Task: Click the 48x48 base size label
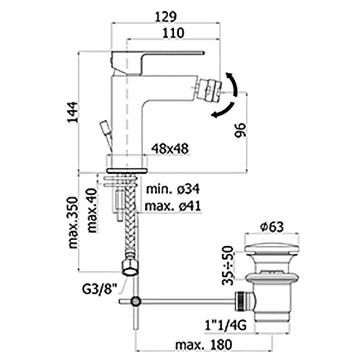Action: pyautogui.click(x=170, y=148)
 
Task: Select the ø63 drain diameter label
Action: pyautogui.click(x=271, y=227)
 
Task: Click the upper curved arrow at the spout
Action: pyautogui.click(x=235, y=82)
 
